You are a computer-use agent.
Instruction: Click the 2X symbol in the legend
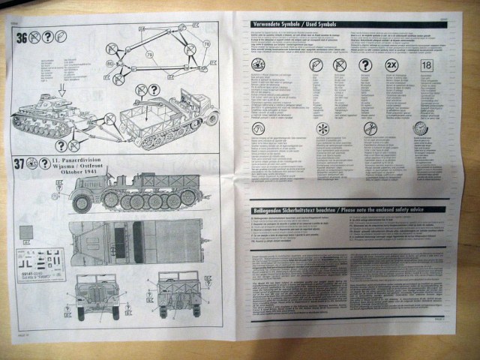click(x=391, y=65)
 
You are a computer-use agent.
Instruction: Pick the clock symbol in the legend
click(x=420, y=127)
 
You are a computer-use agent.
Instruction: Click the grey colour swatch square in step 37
click(x=25, y=231)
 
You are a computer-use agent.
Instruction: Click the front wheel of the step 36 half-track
click(x=211, y=118)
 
